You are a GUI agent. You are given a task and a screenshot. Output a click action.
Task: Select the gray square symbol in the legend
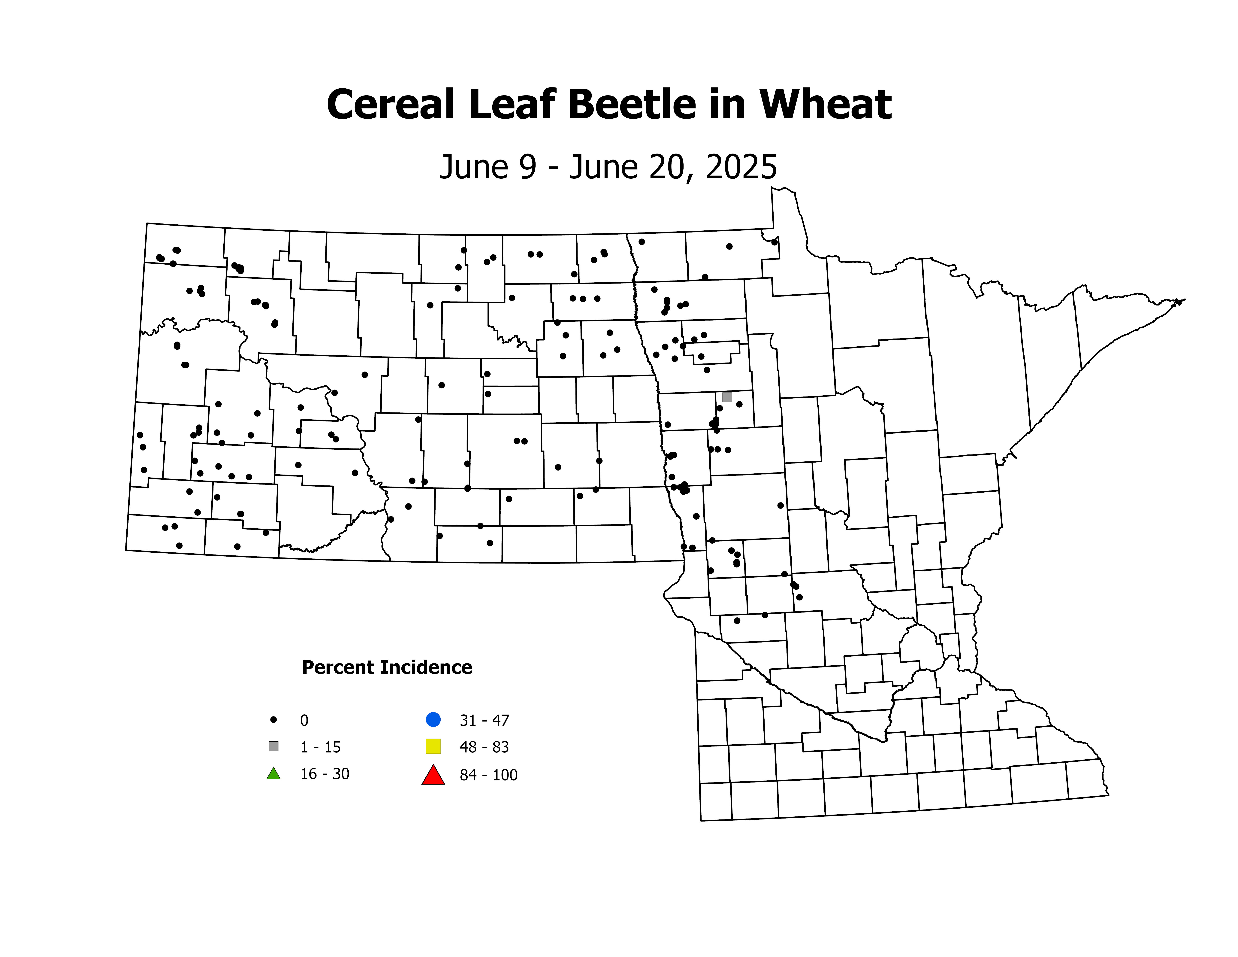pos(273,746)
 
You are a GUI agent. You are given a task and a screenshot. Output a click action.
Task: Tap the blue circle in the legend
pos(433,719)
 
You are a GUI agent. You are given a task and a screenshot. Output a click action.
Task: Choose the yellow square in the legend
pos(433,746)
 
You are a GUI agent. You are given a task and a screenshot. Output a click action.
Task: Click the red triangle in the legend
pos(433,775)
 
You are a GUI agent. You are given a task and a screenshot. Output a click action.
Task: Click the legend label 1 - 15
pos(320,747)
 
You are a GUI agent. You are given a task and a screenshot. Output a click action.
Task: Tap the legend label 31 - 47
pos(484,721)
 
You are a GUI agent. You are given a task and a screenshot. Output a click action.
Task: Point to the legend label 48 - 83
pos(484,747)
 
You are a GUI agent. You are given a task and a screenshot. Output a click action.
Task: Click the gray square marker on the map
pos(727,397)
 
